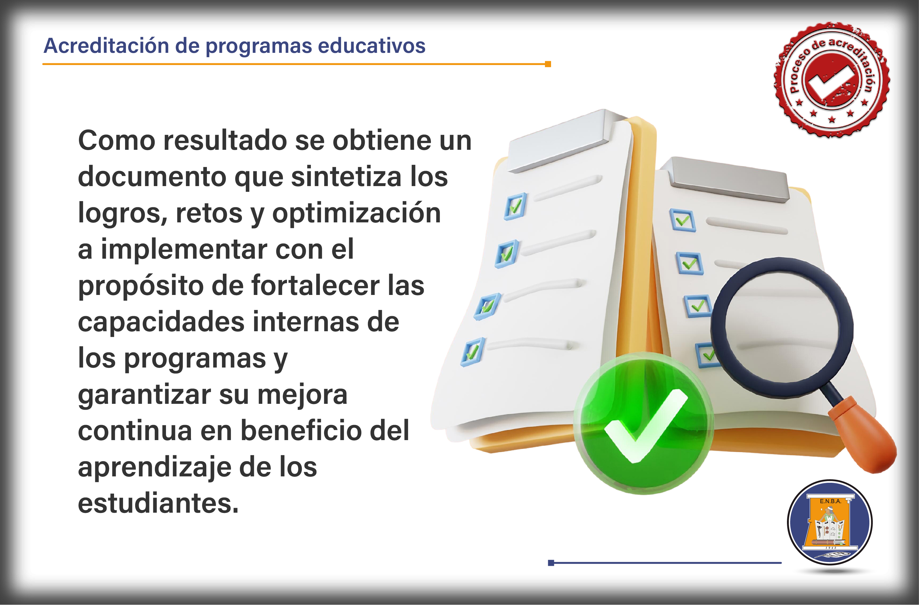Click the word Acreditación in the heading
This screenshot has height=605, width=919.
106,46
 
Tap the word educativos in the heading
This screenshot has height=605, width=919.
371,46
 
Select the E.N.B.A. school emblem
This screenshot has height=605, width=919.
830,522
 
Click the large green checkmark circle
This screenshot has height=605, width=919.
644,424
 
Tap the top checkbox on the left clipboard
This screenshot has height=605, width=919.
515,206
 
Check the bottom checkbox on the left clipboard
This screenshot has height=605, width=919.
473,352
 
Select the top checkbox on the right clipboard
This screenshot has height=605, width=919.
682,220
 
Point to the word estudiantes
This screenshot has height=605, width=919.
158,503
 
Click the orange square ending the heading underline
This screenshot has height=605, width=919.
548,64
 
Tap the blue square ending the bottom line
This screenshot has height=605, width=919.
551,563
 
